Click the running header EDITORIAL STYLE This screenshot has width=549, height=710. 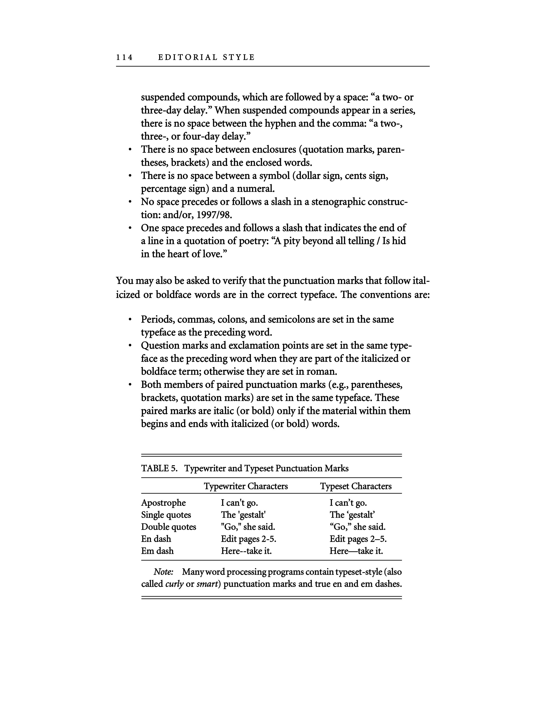(206, 57)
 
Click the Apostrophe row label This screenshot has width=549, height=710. (163, 503)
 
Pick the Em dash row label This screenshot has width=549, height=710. (157, 551)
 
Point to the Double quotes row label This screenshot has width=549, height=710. (169, 527)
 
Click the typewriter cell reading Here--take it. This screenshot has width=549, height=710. (246, 551)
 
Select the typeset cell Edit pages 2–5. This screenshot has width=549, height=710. (358, 539)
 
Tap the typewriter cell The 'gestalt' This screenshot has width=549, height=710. (243, 515)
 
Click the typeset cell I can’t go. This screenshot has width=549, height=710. (348, 503)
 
